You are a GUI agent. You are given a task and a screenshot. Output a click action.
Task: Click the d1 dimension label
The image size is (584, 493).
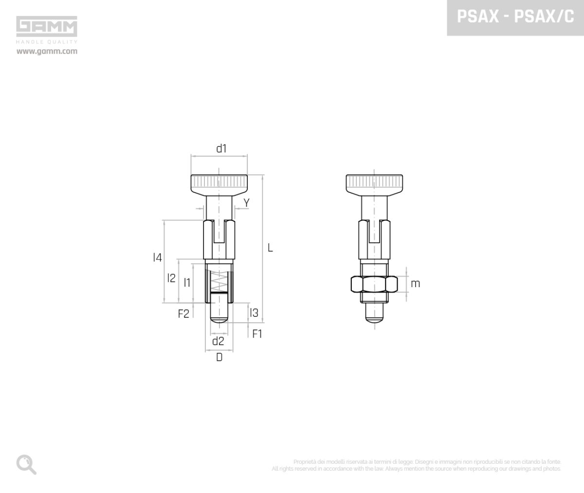(221, 148)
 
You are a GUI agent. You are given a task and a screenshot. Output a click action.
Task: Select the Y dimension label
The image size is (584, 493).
(246, 202)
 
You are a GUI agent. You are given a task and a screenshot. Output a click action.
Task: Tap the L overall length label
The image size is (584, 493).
(270, 248)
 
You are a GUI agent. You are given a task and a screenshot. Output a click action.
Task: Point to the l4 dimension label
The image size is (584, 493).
(157, 258)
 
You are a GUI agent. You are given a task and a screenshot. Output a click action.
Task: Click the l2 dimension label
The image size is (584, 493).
(171, 278)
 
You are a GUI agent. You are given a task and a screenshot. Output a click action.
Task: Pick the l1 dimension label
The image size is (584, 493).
(187, 282)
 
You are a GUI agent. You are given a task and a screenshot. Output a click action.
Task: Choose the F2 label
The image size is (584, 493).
(183, 314)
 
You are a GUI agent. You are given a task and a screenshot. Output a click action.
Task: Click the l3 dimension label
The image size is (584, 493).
(254, 313)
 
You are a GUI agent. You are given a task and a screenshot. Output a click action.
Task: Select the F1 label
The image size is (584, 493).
(257, 334)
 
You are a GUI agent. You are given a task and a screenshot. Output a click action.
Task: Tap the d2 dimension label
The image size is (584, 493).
(218, 341)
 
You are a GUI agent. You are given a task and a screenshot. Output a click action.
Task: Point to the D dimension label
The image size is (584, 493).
(219, 358)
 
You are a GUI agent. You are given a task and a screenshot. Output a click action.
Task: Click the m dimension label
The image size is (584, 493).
(415, 283)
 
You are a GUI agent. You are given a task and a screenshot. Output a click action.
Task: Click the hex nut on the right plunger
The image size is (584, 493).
(374, 284)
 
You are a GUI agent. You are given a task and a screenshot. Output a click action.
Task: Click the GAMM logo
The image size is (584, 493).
(47, 27)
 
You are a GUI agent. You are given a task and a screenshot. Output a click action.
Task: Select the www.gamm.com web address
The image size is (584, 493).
(47, 51)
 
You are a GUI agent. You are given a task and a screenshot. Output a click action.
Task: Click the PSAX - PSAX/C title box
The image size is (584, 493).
(515, 18)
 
